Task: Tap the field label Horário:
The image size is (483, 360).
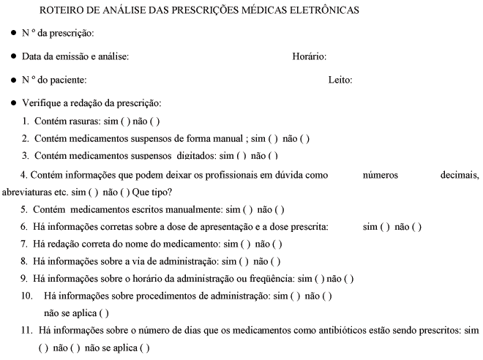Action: (309, 57)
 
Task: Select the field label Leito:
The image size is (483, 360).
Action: (340, 80)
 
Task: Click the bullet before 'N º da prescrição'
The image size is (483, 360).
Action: (14, 34)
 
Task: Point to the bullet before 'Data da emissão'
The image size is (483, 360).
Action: (14, 56)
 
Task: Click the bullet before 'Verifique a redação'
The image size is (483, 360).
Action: (14, 102)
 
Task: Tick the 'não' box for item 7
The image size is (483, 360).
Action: (278, 244)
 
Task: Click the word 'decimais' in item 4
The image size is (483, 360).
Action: (460, 175)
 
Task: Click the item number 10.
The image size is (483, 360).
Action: (28, 296)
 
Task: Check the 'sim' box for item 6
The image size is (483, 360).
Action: (387, 227)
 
